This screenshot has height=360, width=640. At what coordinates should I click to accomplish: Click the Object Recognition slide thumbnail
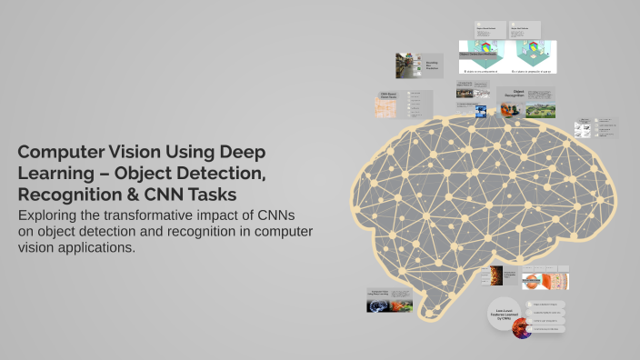click(x=525, y=102)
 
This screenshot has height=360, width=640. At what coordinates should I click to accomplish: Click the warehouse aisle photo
click(x=406, y=66)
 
